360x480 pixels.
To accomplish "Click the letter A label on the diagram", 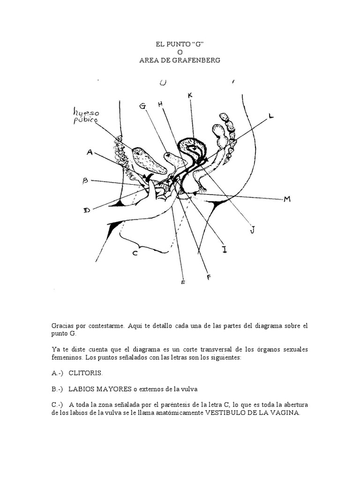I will (90, 151).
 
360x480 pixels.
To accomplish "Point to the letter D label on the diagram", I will (87, 210).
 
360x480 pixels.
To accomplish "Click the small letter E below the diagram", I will (183, 282).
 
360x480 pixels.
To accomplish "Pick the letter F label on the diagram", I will (209, 277).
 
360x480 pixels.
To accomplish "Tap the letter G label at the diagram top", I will (142, 106).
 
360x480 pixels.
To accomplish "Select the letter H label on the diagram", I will (160, 104).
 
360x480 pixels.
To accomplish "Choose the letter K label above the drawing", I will (190, 96).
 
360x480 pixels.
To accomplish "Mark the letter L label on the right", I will (272, 115).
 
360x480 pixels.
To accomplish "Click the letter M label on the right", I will (287, 199).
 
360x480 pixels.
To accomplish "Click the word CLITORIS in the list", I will (85, 373).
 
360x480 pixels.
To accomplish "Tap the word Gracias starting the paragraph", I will (64, 326).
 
